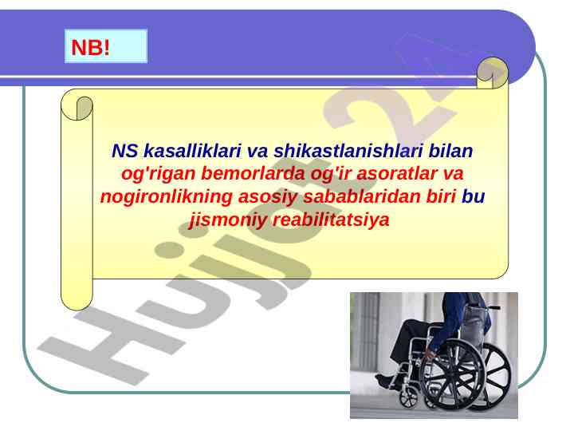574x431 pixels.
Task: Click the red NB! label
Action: coord(90,48)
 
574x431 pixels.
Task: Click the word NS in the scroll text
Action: coord(125,151)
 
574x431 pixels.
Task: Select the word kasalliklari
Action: coord(193,151)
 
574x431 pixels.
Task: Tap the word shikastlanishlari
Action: coord(348,151)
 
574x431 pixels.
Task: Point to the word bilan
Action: coord(450,151)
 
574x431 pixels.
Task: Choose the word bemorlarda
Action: coord(253,173)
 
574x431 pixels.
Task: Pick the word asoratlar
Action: coord(397,173)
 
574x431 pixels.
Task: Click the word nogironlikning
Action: coord(166,197)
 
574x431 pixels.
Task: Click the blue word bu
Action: coord(473,196)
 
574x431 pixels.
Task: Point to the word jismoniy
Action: coord(227,220)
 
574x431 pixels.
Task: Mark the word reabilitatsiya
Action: coord(331,220)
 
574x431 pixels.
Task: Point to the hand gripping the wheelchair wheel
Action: coord(431,353)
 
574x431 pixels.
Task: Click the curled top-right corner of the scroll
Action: coord(493,73)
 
